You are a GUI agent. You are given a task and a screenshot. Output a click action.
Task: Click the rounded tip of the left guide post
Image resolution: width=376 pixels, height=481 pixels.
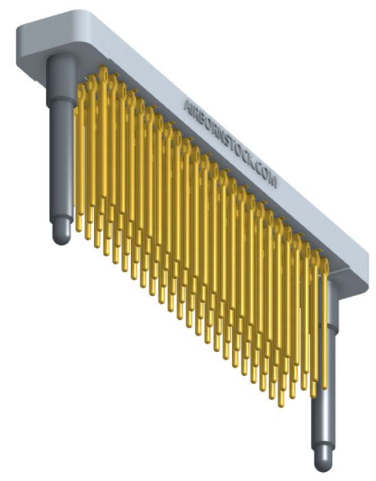click(x=62, y=234)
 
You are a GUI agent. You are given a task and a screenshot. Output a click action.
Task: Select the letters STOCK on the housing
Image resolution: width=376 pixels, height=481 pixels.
click(x=242, y=157)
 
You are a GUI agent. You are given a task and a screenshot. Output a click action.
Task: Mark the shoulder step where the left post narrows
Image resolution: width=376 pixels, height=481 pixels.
click(x=60, y=101)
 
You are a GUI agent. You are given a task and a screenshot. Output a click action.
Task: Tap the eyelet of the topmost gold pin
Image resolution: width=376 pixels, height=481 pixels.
click(x=104, y=73)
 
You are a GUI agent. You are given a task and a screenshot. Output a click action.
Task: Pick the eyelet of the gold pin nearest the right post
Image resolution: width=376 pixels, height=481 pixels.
click(x=325, y=265)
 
